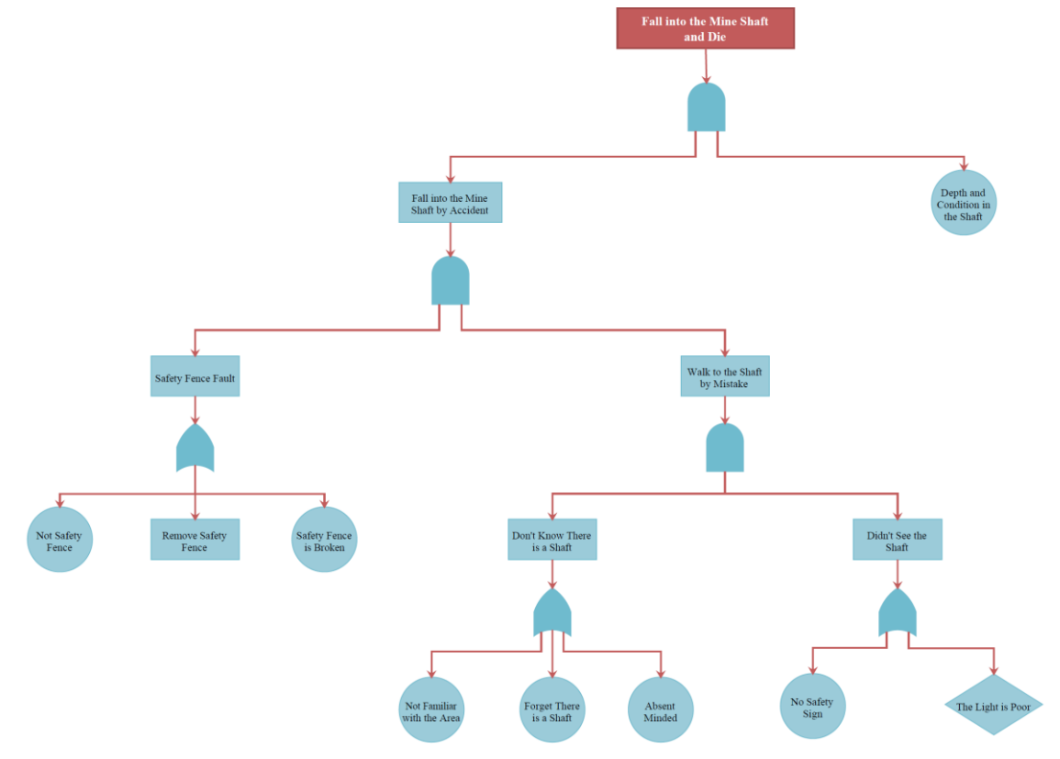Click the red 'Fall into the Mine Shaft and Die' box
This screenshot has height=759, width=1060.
(x=705, y=28)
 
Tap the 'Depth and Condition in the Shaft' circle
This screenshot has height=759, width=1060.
(x=964, y=203)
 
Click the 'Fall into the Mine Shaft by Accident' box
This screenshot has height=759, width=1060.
(x=450, y=203)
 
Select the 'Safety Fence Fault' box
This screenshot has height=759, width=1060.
(x=195, y=376)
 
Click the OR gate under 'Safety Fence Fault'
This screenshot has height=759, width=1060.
(x=195, y=449)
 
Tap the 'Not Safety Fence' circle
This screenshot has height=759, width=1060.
(x=60, y=540)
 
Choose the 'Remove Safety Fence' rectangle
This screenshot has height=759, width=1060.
(x=195, y=540)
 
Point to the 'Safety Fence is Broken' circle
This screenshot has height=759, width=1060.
(x=324, y=540)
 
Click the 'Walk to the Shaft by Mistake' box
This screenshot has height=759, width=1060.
(x=724, y=376)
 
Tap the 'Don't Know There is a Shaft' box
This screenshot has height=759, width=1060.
(x=552, y=540)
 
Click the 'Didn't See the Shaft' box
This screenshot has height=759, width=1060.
(x=897, y=540)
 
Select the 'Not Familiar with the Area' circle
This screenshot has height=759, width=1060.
(x=430, y=709)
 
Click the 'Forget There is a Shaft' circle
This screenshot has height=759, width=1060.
(x=552, y=709)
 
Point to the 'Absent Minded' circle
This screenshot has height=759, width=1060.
(x=660, y=709)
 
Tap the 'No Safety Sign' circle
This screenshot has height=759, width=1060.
(x=812, y=707)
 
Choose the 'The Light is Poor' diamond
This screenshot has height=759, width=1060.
(x=993, y=706)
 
